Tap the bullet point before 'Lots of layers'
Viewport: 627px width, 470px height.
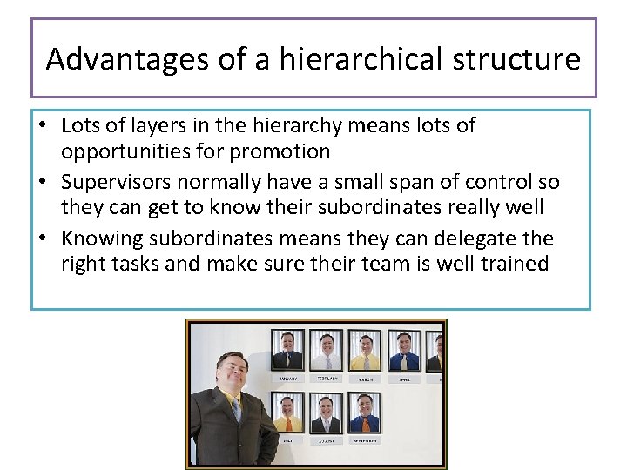pos(41,126)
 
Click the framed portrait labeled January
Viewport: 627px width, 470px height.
pos(287,350)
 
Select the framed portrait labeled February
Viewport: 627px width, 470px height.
pos(327,350)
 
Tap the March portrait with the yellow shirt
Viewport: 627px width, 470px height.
pos(365,350)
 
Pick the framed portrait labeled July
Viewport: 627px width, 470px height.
pos(287,411)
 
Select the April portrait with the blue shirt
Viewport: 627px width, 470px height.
pos(404,350)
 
